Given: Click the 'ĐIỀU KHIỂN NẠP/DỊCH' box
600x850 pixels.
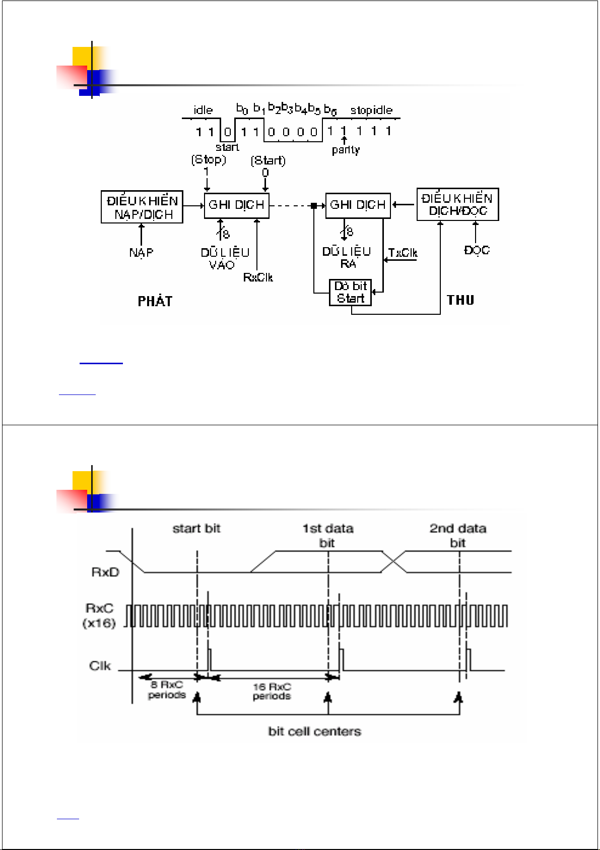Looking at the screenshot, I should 142,207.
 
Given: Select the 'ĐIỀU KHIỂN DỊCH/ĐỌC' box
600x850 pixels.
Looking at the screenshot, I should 457,204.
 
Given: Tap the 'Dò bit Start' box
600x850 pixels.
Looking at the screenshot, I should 351,293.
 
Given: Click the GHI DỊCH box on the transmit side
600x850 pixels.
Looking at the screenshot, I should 237,205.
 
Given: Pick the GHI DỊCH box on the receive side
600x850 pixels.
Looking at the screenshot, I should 358,205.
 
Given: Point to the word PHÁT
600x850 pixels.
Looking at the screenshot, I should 155,301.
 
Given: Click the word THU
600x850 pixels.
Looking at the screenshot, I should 460,300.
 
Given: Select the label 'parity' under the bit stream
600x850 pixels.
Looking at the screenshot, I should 346,150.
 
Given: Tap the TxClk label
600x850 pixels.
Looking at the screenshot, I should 403,253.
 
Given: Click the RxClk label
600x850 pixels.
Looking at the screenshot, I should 258,277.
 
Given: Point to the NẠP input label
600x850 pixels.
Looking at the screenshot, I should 141,252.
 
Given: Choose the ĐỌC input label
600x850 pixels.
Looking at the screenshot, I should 477,250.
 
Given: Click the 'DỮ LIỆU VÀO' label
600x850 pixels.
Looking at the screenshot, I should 225,258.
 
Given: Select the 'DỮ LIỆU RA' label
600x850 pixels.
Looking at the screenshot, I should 347,257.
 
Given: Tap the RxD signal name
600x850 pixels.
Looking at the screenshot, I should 105,572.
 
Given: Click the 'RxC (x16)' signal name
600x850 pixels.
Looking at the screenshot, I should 100,615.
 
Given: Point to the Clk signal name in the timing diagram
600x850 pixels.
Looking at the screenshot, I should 100,666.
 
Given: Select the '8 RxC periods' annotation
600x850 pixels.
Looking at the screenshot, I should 167,690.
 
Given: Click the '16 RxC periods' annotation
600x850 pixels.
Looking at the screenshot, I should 272,691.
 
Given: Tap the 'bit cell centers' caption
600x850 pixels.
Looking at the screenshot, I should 314,731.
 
